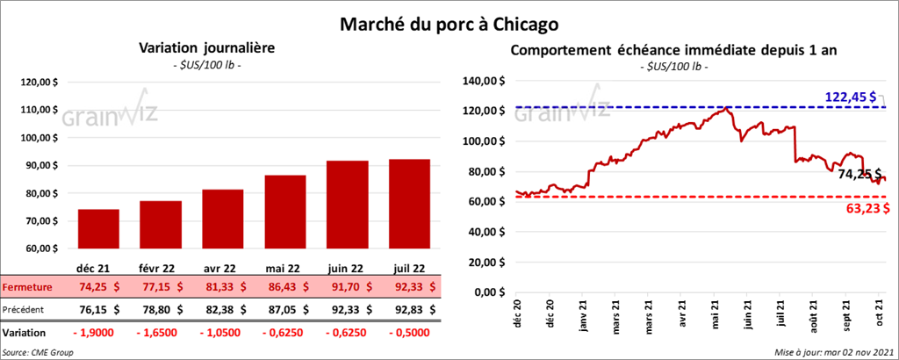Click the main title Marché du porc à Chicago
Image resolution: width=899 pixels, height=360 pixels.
coord(449,20)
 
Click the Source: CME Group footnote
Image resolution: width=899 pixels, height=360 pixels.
coord(38,352)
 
